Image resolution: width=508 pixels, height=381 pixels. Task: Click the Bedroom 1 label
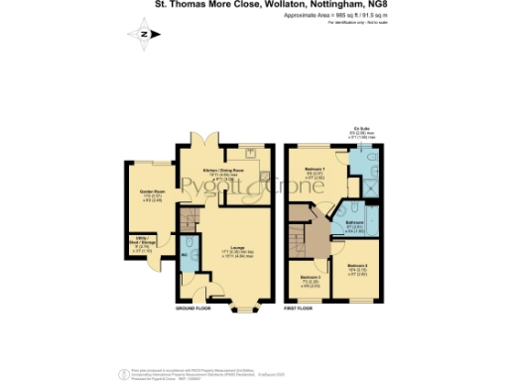[315, 170]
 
